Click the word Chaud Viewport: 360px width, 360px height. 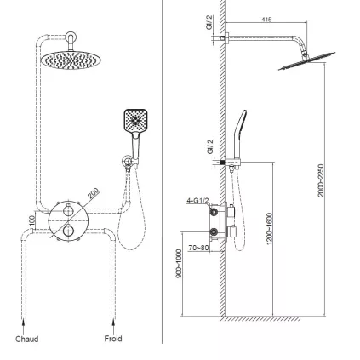pyautogui.click(x=27, y=339)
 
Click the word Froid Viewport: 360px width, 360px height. pyautogui.click(x=113, y=339)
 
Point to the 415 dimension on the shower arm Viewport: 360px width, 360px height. pyautogui.click(x=266, y=19)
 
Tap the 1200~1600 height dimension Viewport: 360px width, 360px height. pyautogui.click(x=269, y=230)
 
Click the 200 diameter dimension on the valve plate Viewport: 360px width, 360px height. pyautogui.click(x=92, y=194)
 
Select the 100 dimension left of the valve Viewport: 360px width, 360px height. pyautogui.click(x=32, y=220)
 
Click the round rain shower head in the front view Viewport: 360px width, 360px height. pyautogui.click(x=68, y=59)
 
